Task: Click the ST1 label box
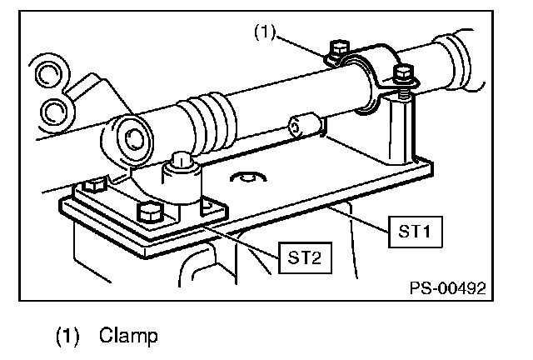point(412,232)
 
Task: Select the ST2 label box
point(306,257)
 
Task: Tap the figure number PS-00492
point(446,288)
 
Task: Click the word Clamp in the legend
point(128,337)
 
